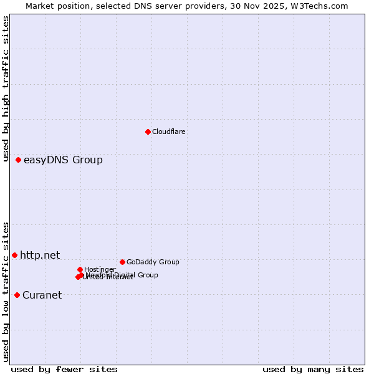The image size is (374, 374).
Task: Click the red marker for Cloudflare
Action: pos(148,132)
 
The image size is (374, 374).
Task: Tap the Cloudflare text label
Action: pos(168,132)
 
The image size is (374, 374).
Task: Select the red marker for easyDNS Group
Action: pos(18,160)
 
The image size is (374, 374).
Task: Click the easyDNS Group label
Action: pos(63,160)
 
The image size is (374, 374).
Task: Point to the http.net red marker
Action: pos(14,255)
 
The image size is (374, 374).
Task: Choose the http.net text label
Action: pos(40,255)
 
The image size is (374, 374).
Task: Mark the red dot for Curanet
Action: pos(17,295)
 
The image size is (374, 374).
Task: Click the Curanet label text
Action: pos(42,295)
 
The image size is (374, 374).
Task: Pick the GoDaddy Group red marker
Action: pos(122,262)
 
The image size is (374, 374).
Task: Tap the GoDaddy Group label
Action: pos(153,262)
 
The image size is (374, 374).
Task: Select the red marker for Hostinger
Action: pos(80,269)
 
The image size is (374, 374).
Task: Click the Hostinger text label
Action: pos(100,269)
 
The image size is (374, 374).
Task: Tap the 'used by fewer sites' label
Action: pos(64,369)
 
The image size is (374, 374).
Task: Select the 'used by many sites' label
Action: pos(313,369)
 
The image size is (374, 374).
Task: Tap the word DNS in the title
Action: pos(141,6)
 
